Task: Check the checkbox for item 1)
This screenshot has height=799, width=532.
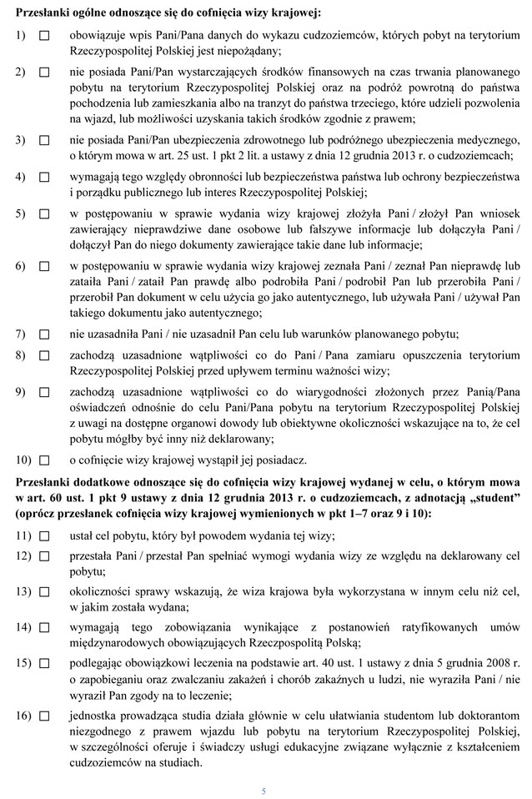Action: tap(44, 37)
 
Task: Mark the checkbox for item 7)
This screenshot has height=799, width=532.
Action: tap(44, 334)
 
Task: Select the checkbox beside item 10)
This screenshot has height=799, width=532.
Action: tap(44, 460)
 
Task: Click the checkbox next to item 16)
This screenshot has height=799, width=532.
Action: tap(44, 716)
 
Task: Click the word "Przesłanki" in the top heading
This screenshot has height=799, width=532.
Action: tap(43, 14)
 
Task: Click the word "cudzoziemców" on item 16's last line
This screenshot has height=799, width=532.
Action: tap(104, 761)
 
